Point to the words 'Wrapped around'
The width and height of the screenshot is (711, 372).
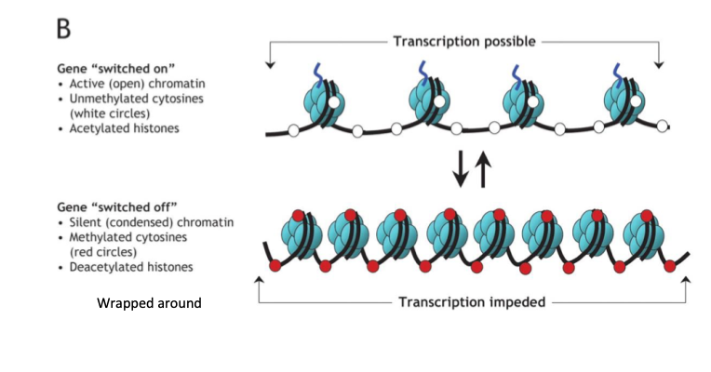(149, 303)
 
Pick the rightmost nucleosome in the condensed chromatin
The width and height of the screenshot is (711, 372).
(639, 233)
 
